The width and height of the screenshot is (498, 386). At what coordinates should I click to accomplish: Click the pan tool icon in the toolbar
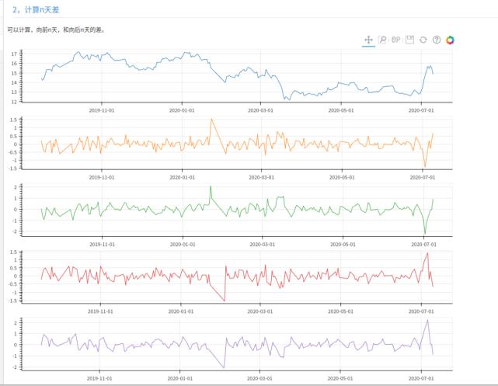pos(369,40)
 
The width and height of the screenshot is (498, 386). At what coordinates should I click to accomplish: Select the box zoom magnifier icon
pos(382,40)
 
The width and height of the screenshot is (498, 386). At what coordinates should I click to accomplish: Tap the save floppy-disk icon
pos(410,40)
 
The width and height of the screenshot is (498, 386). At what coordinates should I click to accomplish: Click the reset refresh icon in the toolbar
pos(423,40)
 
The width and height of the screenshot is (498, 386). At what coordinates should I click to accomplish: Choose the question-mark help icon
pos(437,40)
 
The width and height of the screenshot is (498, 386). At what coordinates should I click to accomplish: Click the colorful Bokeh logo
pos(450,40)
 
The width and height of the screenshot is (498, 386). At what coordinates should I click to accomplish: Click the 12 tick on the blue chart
pos(15,102)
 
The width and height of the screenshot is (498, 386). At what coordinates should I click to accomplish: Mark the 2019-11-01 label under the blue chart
pos(101,110)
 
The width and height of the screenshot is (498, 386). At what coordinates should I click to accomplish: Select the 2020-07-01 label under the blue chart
pos(421,110)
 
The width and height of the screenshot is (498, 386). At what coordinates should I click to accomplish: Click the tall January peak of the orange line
pos(211,120)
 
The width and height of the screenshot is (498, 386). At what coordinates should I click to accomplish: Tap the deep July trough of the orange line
pos(425,166)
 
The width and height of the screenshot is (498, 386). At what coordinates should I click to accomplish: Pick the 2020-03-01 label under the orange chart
pos(262,177)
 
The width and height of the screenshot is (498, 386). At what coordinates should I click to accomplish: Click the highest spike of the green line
pos(211,187)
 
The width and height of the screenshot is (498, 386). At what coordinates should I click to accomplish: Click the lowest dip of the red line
pos(225,301)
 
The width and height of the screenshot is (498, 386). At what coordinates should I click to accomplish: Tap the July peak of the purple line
pos(427,321)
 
